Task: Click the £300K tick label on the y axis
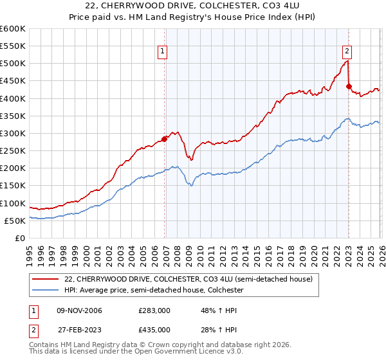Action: (13, 133)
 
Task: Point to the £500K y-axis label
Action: (13, 64)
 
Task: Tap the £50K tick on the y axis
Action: (15, 221)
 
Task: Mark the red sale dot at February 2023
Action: (349, 86)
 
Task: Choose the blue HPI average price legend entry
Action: (154, 291)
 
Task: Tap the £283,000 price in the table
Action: (154, 310)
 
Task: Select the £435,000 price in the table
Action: (154, 330)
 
